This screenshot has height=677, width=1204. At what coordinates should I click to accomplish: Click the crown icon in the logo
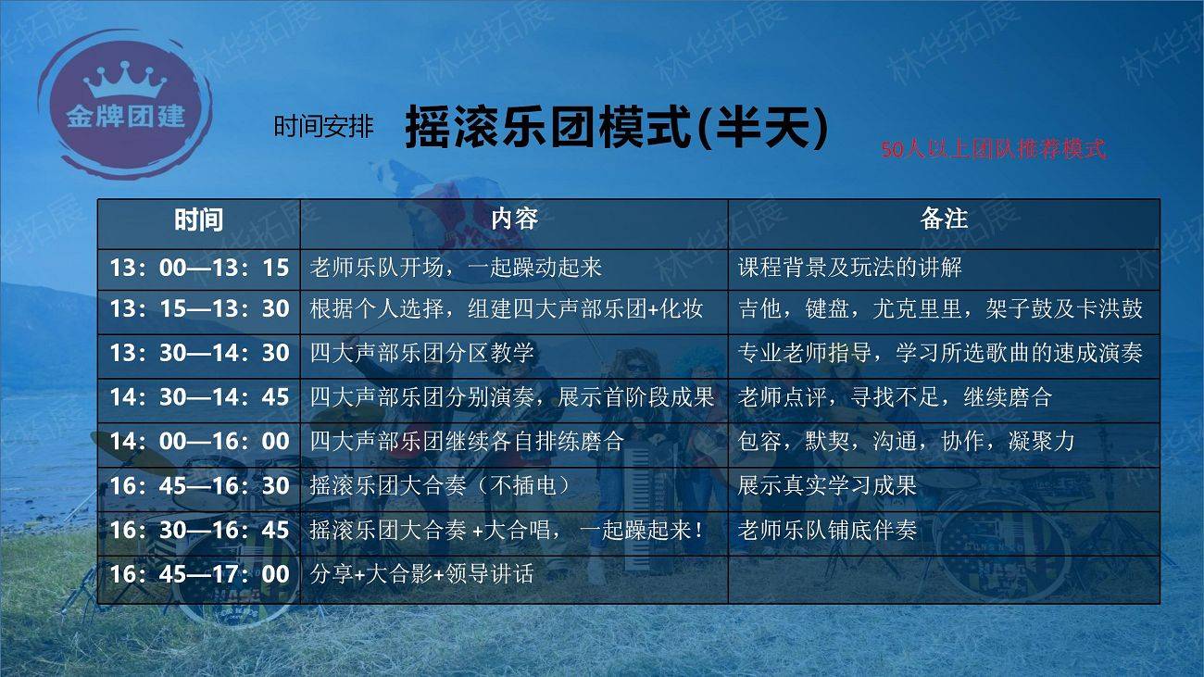click(125, 80)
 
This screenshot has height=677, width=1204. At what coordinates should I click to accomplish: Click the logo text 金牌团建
click(126, 117)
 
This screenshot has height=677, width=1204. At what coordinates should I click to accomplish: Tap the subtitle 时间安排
click(323, 127)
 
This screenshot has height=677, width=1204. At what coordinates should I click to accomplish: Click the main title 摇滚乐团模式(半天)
click(616, 127)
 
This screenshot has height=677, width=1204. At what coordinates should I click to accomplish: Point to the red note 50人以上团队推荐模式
click(993, 149)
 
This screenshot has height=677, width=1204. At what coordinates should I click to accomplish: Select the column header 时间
click(199, 220)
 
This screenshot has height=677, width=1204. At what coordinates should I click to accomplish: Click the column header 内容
click(514, 219)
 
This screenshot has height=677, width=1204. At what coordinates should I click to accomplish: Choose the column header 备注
click(944, 219)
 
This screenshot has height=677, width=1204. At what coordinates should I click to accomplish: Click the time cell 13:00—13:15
click(199, 268)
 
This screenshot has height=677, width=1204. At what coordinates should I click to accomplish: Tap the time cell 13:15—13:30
click(199, 308)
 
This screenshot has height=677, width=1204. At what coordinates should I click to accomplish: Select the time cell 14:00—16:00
click(199, 441)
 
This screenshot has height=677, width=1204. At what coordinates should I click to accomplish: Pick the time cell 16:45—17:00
click(199, 574)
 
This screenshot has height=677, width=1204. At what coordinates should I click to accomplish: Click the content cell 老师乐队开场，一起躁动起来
click(456, 267)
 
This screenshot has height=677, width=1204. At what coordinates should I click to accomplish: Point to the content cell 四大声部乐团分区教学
click(422, 353)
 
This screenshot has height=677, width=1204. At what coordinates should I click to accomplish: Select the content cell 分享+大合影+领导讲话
click(422, 574)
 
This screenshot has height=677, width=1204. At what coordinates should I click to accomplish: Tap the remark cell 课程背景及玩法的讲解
click(850, 267)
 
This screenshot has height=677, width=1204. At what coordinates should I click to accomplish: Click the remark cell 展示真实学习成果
click(827, 485)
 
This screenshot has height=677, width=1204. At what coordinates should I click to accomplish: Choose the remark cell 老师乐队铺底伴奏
click(827, 530)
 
